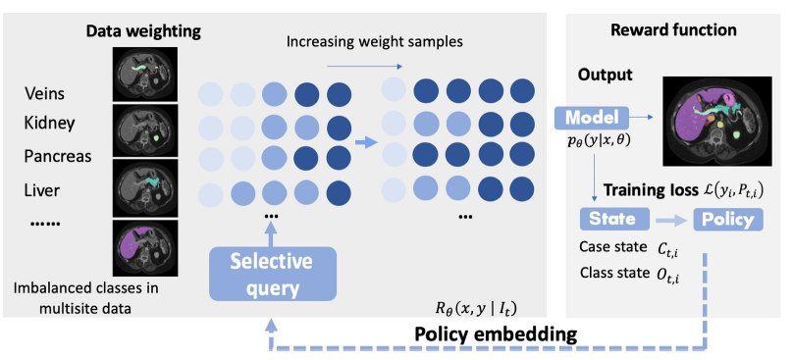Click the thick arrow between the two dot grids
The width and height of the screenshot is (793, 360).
pyautogui.click(x=365, y=142)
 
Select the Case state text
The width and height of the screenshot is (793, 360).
pyautogui.click(x=589, y=251)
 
